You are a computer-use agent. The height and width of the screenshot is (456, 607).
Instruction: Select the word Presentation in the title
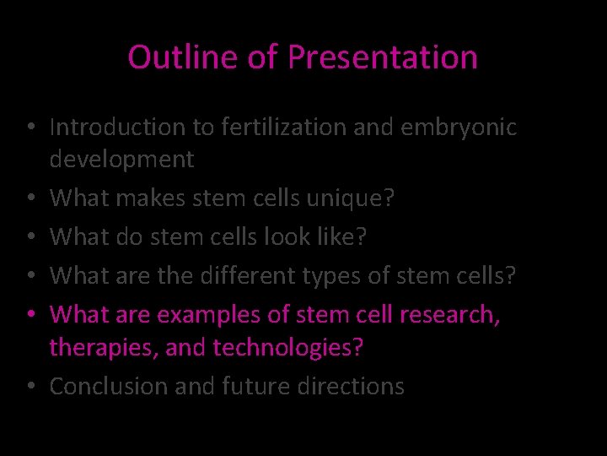click(x=383, y=57)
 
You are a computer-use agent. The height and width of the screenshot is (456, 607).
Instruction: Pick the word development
click(x=121, y=160)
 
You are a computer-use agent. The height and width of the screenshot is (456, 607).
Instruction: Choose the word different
click(x=246, y=276)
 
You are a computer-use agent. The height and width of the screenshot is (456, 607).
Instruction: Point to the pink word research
click(x=446, y=315)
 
